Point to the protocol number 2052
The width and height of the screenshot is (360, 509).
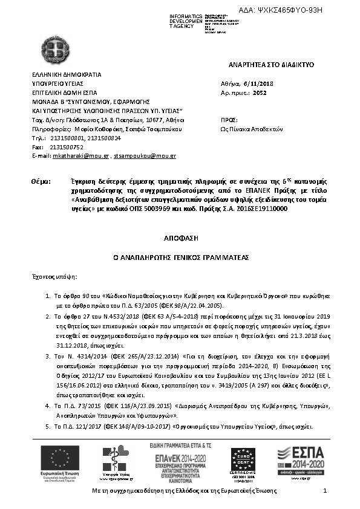coord(259,93)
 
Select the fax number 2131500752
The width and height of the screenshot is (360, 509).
coord(66,147)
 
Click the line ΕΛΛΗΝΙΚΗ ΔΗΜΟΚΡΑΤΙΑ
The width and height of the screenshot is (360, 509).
coord(66,74)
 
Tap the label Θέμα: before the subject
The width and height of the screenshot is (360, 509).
coord(40,181)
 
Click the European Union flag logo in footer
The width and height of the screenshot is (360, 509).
coord(56,458)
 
